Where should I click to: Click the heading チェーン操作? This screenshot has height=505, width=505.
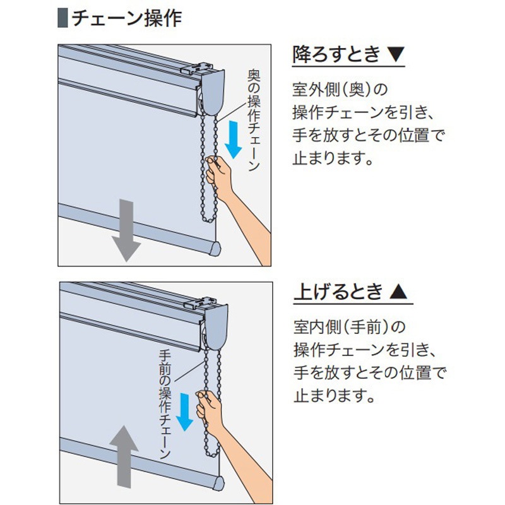click(x=126, y=18)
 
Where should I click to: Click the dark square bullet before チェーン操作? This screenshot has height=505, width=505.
click(x=62, y=18)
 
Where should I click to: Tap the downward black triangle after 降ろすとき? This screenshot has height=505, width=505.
click(x=395, y=56)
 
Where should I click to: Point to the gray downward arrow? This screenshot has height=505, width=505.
click(x=126, y=230)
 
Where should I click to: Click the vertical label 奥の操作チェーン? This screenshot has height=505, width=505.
click(x=253, y=120)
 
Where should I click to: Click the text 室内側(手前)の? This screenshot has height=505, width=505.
click(x=348, y=327)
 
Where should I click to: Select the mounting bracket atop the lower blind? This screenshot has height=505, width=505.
click(x=208, y=303)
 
